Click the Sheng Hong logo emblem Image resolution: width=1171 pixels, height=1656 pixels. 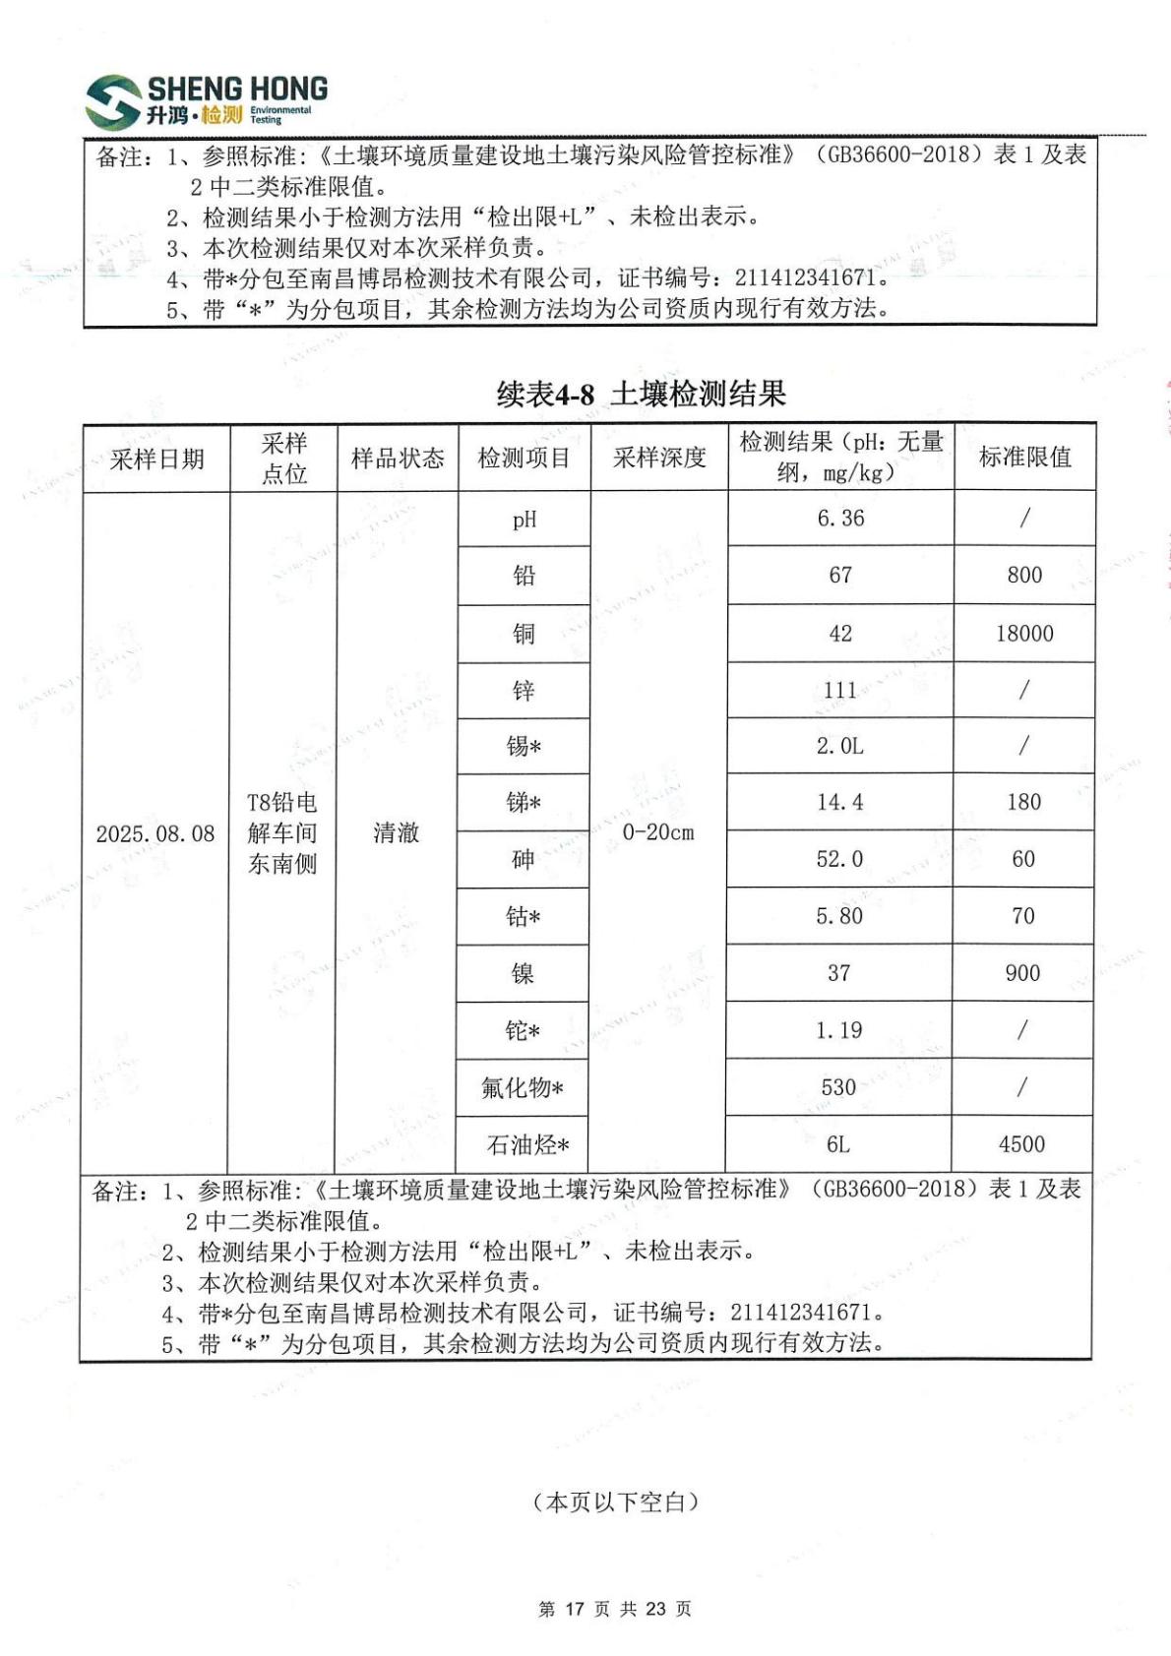click(x=113, y=101)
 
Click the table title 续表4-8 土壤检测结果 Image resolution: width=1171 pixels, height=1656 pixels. click(x=641, y=395)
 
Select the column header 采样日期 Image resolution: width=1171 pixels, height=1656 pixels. click(x=157, y=459)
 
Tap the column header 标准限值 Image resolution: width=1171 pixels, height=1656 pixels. click(x=1024, y=458)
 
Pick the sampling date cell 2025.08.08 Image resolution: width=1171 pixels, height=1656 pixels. click(x=155, y=834)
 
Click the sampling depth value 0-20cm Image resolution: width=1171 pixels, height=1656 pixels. click(x=658, y=832)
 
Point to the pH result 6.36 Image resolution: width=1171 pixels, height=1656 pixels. click(x=840, y=519)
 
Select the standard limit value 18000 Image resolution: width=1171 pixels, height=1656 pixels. click(x=1024, y=634)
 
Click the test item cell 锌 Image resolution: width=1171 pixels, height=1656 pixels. click(x=524, y=691)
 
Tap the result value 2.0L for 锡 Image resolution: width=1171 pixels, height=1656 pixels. click(x=839, y=747)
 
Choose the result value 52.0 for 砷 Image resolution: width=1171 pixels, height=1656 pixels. click(x=839, y=859)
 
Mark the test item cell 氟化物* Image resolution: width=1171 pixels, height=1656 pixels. click(x=523, y=1087)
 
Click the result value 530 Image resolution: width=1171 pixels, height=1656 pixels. click(x=838, y=1087)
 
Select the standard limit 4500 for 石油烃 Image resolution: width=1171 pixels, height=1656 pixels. click(x=1021, y=1144)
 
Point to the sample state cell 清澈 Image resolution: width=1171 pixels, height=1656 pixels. click(x=397, y=833)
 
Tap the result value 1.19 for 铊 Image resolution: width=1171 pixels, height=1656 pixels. click(x=838, y=1030)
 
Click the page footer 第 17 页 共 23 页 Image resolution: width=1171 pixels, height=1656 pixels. click(x=615, y=1609)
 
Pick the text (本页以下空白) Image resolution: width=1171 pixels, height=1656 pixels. click(x=616, y=1503)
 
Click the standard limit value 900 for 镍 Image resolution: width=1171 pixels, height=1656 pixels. click(x=1022, y=973)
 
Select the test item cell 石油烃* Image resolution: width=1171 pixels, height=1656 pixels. click(x=527, y=1145)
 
